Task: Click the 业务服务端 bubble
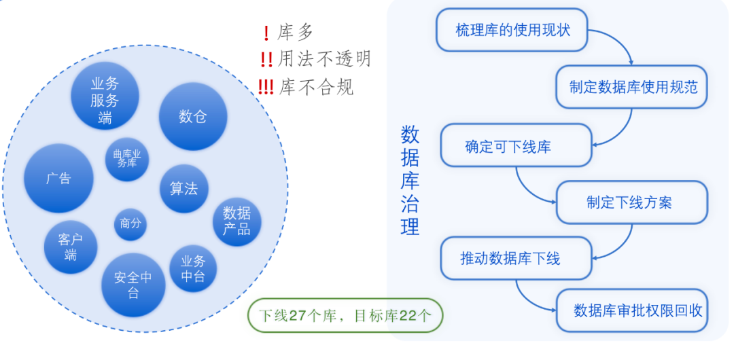coord(105,96)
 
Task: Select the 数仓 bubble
coord(192,116)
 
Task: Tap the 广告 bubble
coord(58,179)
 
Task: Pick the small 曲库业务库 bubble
coord(127,158)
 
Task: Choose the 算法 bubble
coord(183,188)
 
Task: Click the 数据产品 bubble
coord(237,221)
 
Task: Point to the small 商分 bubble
coord(130,223)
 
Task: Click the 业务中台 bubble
coord(193,268)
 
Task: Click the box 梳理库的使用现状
coord(512,31)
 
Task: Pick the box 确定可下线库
coord(516,145)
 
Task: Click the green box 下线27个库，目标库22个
coord(345,316)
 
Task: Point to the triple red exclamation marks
coord(266,87)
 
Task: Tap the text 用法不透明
coord(325,59)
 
